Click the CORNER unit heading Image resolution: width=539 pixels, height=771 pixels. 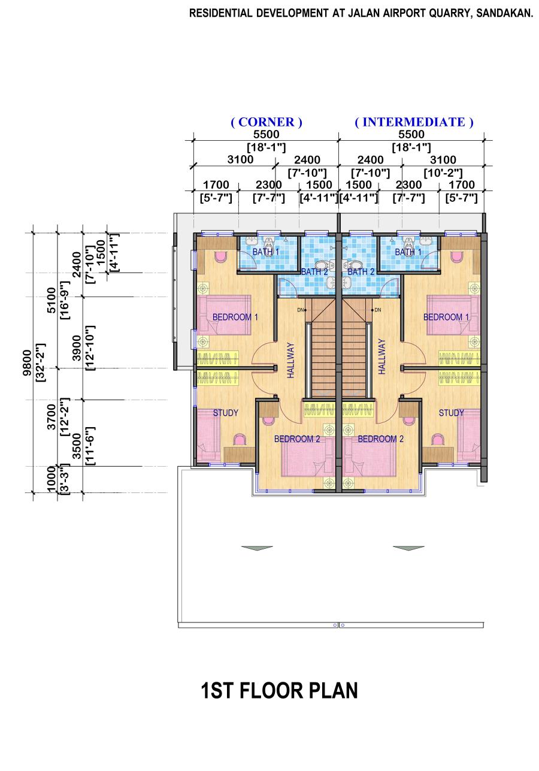point(267,122)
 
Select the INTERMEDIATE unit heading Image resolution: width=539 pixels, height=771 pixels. point(414,122)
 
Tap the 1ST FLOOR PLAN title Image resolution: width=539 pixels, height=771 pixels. point(279,691)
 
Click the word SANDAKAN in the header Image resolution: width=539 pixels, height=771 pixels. point(504,13)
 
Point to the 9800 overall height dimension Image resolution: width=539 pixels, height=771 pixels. point(27,363)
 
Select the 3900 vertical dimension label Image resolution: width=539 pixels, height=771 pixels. point(77,347)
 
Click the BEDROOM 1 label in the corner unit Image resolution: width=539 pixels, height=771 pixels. point(235,317)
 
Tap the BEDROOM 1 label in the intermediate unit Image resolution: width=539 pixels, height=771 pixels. point(446,317)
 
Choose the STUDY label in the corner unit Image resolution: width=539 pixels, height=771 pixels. point(225,413)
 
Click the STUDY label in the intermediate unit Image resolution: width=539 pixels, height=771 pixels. point(451,413)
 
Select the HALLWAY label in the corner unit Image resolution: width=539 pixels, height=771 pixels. point(291,361)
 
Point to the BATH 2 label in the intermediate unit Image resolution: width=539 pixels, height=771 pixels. point(361,272)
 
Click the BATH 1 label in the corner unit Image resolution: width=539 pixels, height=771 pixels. point(266,252)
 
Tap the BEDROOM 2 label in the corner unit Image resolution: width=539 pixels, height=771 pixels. point(297,439)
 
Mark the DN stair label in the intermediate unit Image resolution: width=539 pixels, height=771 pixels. point(377,310)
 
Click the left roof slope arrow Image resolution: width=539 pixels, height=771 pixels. point(257,548)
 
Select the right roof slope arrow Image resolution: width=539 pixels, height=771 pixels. point(408,548)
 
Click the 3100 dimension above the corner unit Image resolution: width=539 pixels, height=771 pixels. point(240,160)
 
